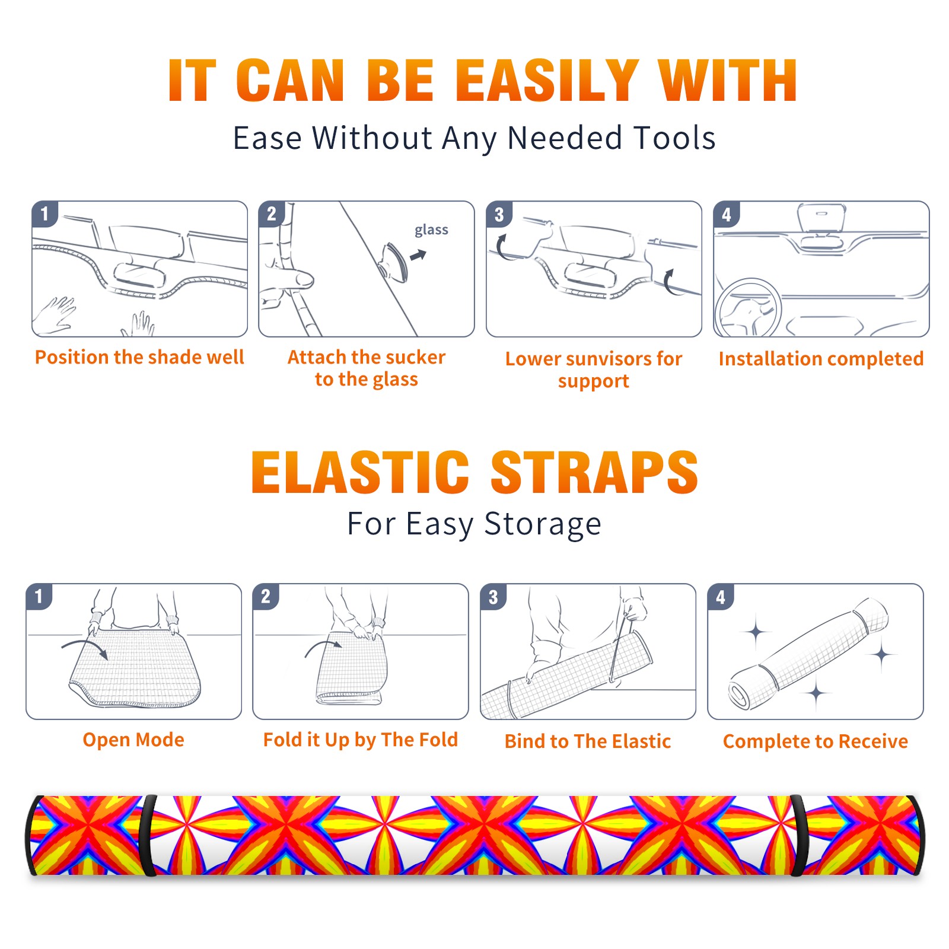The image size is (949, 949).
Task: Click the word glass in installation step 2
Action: (x=431, y=230)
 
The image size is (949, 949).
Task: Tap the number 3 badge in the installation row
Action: (x=499, y=215)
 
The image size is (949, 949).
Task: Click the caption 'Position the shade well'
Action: (x=139, y=357)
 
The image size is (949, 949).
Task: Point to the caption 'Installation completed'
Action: (x=821, y=359)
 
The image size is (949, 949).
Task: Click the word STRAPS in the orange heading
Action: (x=594, y=472)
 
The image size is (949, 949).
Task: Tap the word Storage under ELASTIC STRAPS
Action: (x=543, y=524)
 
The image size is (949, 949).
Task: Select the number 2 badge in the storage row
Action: (x=266, y=597)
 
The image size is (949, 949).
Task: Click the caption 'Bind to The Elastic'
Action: (x=587, y=741)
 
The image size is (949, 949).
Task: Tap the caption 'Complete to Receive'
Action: (x=815, y=741)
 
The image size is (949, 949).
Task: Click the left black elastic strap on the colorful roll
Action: (x=148, y=835)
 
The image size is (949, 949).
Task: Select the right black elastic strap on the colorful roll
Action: (x=798, y=835)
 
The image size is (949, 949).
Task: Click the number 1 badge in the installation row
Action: (x=44, y=214)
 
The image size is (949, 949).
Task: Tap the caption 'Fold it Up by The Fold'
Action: (x=361, y=740)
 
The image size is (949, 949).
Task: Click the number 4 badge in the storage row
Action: (x=721, y=597)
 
